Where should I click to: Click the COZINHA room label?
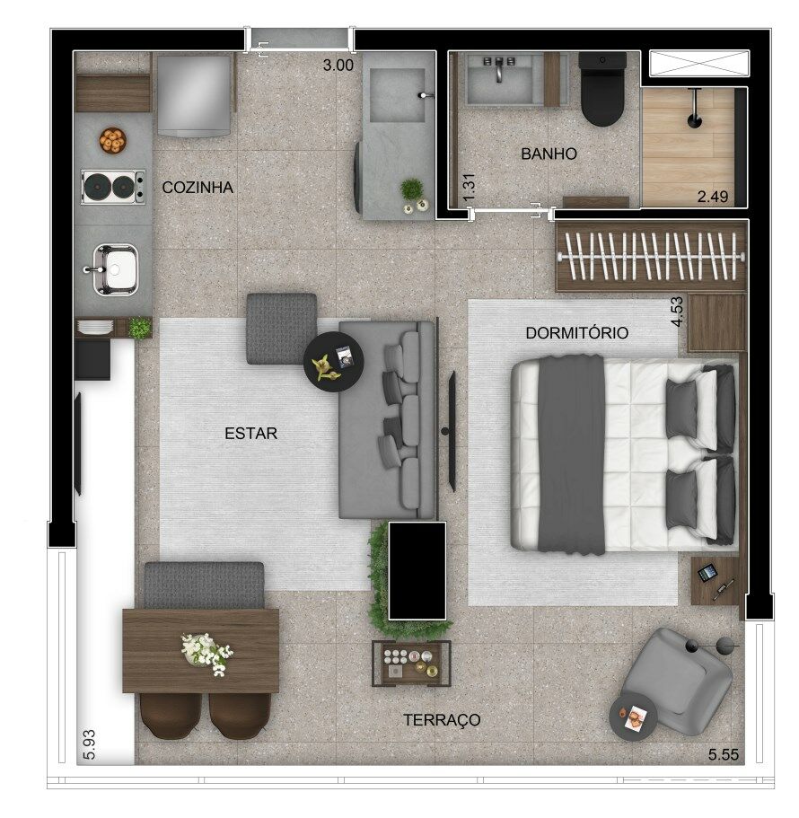198,188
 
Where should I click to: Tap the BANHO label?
549,154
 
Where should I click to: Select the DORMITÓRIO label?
577,333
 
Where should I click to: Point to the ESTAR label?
250,433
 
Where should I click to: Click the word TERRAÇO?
442,720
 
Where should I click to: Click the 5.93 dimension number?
89,743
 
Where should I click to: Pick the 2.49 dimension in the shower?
713,197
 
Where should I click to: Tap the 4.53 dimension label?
677,312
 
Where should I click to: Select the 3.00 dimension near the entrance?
338,66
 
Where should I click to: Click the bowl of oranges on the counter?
112,140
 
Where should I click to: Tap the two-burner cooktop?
113,186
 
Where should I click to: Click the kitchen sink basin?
115,269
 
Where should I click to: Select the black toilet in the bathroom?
602,89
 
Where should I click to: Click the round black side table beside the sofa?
334,362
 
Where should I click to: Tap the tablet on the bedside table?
707,573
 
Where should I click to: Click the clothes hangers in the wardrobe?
651,256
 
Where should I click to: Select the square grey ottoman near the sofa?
282,328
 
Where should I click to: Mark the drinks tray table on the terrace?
411,663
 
